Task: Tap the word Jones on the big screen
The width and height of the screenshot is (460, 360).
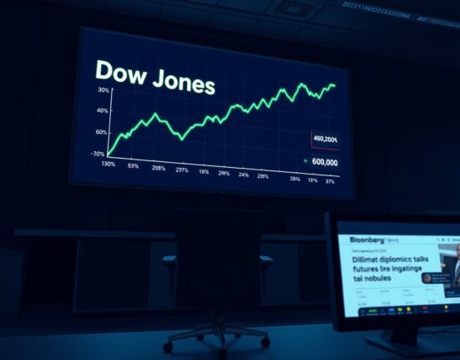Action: coord(179,84)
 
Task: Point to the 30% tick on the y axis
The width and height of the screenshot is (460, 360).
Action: coord(103,90)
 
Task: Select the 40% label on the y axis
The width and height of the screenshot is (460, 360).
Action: coord(104,111)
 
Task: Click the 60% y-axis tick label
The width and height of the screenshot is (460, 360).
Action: coord(102,133)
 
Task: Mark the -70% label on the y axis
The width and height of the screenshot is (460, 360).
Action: coord(99,154)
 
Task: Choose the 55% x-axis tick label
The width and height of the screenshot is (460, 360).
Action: coord(133,166)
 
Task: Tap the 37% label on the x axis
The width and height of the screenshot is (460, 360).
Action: coord(331,181)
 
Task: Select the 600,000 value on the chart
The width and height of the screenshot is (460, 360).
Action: coord(324,162)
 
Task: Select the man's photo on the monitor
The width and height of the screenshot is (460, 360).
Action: coord(450,267)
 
